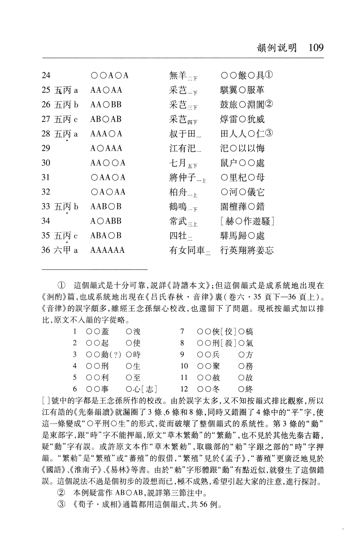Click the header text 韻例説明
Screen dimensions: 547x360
(277, 48)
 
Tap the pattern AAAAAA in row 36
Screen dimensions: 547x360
(107, 250)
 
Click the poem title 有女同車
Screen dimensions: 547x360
(187, 250)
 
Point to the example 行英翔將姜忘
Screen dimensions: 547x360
(247, 250)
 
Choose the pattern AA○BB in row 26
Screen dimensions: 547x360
(106, 105)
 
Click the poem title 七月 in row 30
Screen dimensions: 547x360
(178, 163)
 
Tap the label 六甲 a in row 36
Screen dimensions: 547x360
(66, 250)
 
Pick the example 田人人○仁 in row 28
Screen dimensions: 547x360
(242, 134)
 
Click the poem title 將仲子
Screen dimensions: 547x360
(182, 178)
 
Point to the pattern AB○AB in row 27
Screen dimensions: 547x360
(106, 119)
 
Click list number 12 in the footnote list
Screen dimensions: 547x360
(184, 389)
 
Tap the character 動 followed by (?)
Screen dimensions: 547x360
(105, 355)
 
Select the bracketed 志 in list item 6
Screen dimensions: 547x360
(150, 389)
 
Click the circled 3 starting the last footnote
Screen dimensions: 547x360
(61, 504)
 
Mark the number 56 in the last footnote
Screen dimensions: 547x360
(203, 504)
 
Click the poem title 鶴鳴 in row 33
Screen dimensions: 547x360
(178, 207)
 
